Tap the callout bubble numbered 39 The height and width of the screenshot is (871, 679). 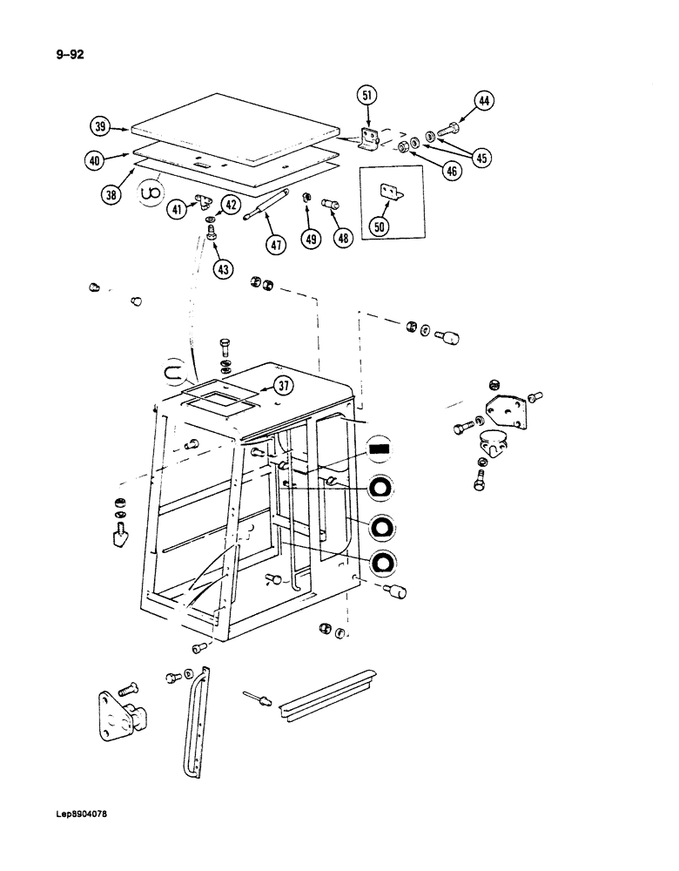[102, 127]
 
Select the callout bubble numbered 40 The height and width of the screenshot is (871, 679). [96, 160]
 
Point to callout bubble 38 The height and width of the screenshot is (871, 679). [111, 195]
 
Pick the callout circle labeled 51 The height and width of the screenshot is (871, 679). [368, 96]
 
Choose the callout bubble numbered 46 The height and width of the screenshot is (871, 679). [451, 172]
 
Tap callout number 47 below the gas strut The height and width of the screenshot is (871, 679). [276, 245]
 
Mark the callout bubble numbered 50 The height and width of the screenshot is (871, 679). [380, 226]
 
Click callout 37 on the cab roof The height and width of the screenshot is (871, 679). [283, 386]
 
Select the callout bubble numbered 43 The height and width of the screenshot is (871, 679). [224, 270]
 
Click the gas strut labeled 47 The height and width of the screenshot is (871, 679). [267, 207]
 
